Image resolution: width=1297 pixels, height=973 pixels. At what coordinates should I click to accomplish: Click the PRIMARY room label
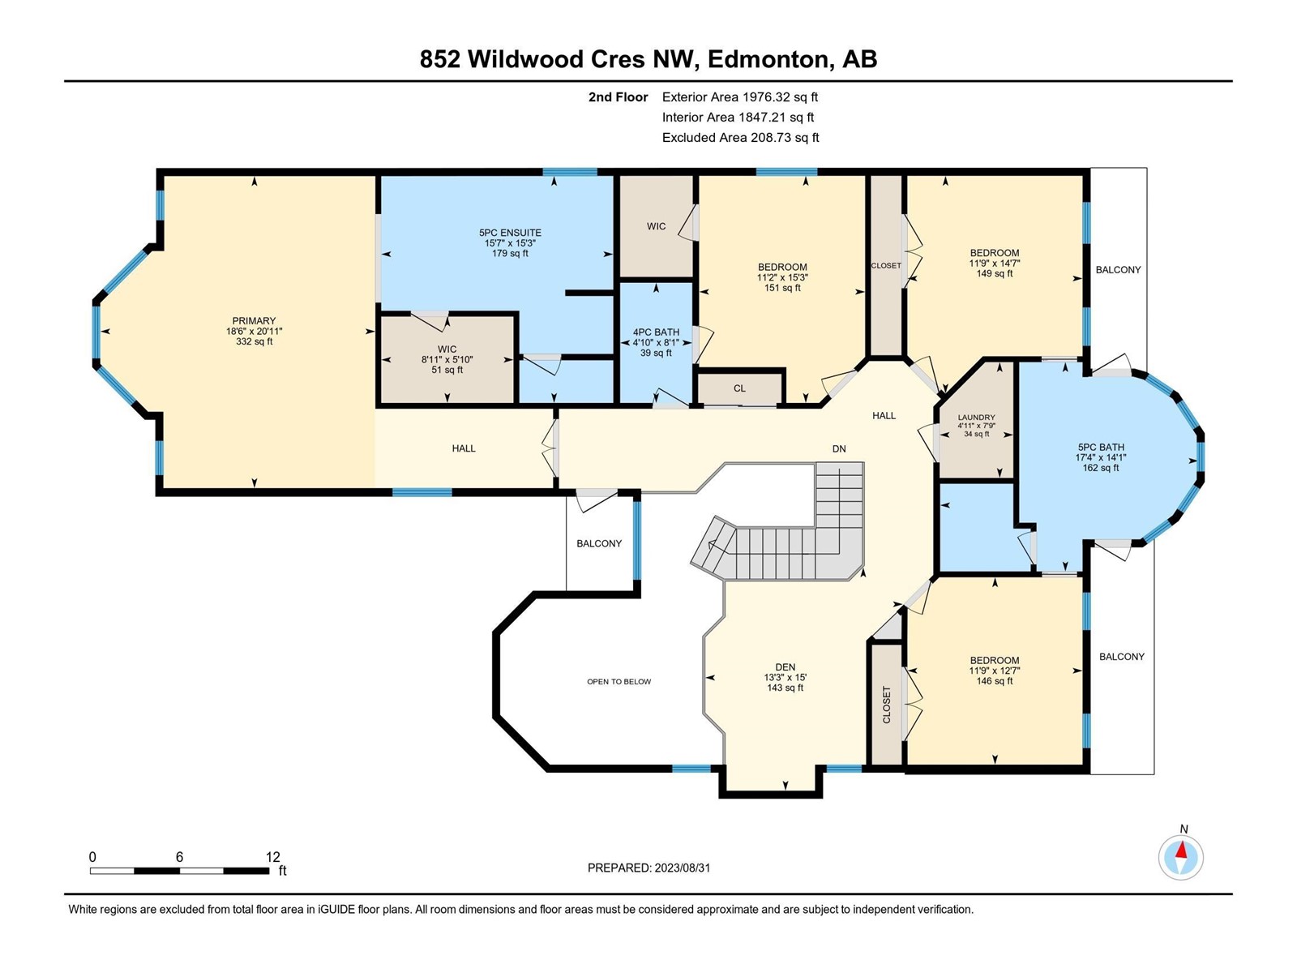254,321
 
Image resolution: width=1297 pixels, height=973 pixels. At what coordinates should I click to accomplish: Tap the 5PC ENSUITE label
510,233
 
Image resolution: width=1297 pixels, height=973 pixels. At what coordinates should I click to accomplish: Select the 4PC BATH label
656,332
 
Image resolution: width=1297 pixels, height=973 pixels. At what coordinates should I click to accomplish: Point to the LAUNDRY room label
976,417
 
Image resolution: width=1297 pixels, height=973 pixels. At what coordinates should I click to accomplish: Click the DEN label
785,667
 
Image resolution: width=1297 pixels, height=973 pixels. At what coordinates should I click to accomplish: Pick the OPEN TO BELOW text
619,681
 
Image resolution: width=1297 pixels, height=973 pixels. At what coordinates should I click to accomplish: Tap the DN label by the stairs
839,449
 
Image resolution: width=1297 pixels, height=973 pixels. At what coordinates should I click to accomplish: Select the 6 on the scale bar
180,856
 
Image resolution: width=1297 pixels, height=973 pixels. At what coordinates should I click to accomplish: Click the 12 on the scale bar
272,856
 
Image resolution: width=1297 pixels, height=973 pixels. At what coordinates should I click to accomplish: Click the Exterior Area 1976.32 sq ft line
740,96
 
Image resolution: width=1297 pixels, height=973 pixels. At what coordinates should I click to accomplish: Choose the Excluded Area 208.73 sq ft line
740,138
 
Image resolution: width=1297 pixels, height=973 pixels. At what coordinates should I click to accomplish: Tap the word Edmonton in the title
768,59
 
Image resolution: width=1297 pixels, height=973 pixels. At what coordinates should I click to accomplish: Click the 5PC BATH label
1100,448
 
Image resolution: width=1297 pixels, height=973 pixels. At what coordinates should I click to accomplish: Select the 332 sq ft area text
254,341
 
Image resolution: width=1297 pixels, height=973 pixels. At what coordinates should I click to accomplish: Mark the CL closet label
740,388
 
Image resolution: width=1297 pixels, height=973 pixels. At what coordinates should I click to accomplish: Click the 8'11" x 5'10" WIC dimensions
447,359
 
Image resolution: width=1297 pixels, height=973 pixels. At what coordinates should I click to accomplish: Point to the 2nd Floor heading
618,96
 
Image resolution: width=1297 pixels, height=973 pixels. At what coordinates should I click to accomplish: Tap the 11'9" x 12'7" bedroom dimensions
995,671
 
